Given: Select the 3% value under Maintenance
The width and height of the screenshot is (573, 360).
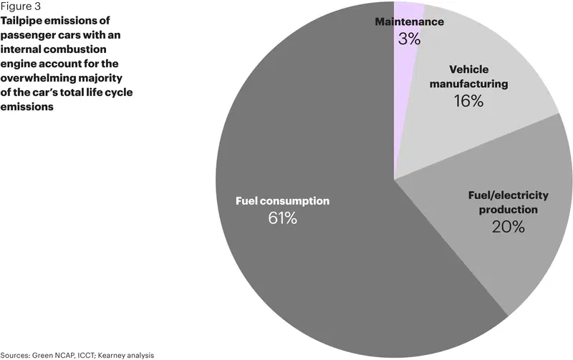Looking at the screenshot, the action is pyautogui.click(x=409, y=39).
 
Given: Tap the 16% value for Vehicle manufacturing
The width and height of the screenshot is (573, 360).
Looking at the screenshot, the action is pyautogui.click(x=468, y=101).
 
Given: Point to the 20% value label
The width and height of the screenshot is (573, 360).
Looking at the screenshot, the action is pyautogui.click(x=508, y=227).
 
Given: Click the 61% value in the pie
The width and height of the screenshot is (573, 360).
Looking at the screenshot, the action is pyautogui.click(x=282, y=218).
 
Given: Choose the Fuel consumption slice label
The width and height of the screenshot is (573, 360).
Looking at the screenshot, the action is pyautogui.click(x=282, y=201).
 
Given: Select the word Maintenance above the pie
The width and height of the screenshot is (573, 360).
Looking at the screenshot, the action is pyautogui.click(x=409, y=21).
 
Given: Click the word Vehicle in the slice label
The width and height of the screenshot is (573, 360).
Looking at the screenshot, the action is pyautogui.click(x=469, y=69).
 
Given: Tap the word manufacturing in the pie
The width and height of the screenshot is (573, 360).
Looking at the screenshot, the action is pyautogui.click(x=469, y=84).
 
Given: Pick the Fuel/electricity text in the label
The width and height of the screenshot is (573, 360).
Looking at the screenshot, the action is pyautogui.click(x=509, y=195).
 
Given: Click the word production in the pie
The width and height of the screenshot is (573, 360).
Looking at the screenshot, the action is pyautogui.click(x=509, y=210).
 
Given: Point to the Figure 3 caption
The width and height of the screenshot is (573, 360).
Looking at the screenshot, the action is pyautogui.click(x=21, y=6).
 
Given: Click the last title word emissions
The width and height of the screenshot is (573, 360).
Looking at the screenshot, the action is pyautogui.click(x=27, y=107).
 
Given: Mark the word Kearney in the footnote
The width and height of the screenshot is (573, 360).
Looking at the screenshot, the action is pyautogui.click(x=110, y=356).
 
